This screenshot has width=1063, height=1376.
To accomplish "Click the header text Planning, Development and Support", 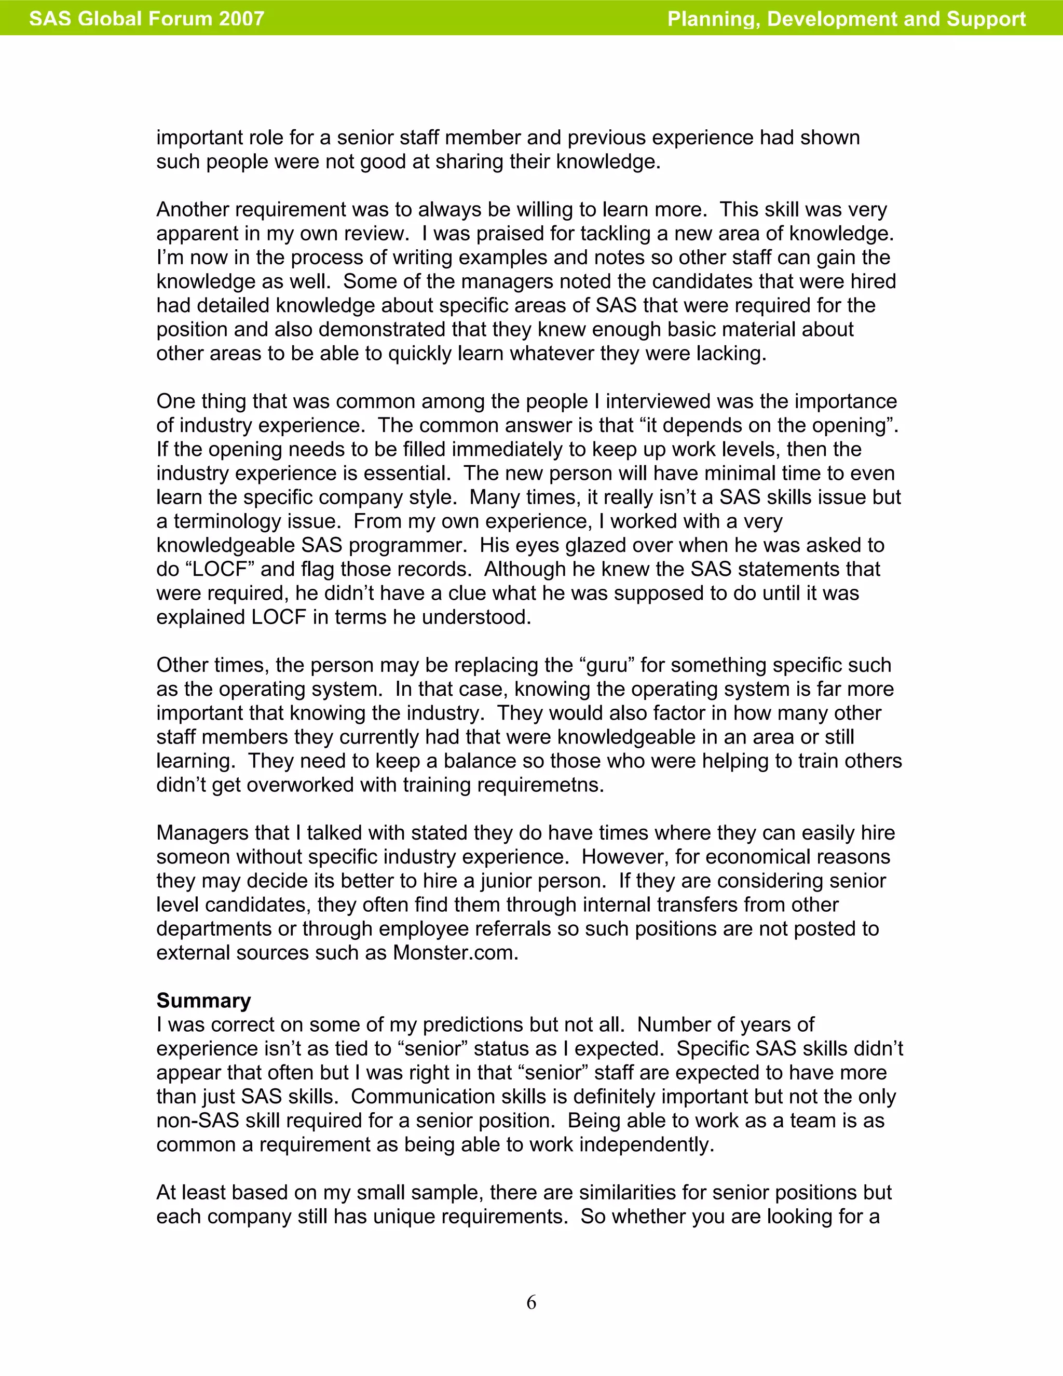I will click(847, 18).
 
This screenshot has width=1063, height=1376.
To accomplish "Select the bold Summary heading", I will click(203, 1001).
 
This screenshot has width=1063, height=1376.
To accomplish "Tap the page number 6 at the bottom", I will click(531, 1302).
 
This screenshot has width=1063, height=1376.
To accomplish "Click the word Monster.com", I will click(455, 953).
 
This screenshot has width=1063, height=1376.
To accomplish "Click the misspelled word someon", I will click(193, 857).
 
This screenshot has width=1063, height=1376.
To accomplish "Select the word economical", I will click(759, 857).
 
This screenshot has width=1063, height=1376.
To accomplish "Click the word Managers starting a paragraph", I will click(194, 833).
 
